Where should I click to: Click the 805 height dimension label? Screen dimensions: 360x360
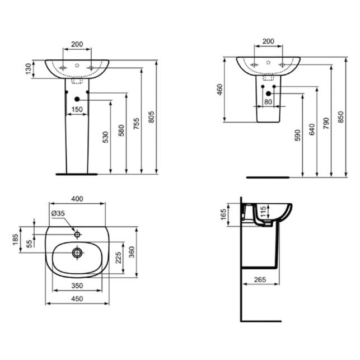coord(151,117)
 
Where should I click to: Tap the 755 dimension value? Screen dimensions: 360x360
coord(137,123)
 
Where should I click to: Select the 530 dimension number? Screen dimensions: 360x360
coord(105,137)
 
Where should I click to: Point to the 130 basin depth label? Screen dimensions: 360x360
coord(28,69)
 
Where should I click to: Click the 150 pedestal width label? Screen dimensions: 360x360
coord(77,109)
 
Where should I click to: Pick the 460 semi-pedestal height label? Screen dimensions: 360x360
coord(219,90)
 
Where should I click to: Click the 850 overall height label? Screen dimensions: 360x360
coord(341,117)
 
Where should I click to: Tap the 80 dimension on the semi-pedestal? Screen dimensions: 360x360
coord(268,101)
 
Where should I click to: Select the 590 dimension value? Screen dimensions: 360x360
coord(297,135)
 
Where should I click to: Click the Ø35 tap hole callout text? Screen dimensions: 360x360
coord(58,213)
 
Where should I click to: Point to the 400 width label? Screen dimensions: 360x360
coord(77,199)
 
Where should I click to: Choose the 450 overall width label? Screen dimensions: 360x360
coord(77,299)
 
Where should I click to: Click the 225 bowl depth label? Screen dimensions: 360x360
coord(118,258)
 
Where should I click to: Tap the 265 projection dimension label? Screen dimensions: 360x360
coord(260,279)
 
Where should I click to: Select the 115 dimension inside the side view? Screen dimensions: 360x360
coord(263,212)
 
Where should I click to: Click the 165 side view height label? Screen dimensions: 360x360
coord(223,214)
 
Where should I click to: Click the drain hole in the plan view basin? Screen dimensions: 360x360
coord(77,253)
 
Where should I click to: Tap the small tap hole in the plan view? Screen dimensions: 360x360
coord(77,235)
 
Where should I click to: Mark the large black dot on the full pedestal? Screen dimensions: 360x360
coord(77,99)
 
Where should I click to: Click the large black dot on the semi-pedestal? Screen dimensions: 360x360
coord(268,93)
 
